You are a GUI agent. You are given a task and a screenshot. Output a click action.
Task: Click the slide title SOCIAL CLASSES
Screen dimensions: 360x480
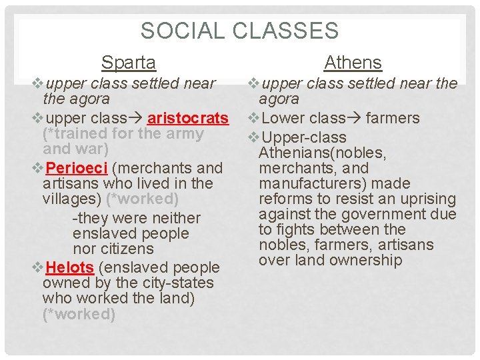[x=240, y=31]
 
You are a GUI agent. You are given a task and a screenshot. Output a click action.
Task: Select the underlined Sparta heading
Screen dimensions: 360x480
[x=129, y=63]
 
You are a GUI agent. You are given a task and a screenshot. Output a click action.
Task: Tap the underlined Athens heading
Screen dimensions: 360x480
[x=353, y=63]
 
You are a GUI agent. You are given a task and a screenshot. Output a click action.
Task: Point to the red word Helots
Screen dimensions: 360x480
[x=70, y=267]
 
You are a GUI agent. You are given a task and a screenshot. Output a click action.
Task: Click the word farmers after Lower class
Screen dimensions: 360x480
[x=393, y=118]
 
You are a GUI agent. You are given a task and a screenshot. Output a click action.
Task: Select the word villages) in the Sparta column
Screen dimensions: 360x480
[x=71, y=199]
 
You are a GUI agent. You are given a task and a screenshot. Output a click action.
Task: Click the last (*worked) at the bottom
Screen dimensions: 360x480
[x=79, y=313]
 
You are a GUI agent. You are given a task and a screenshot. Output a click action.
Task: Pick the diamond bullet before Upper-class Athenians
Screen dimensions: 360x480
[x=253, y=138]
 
